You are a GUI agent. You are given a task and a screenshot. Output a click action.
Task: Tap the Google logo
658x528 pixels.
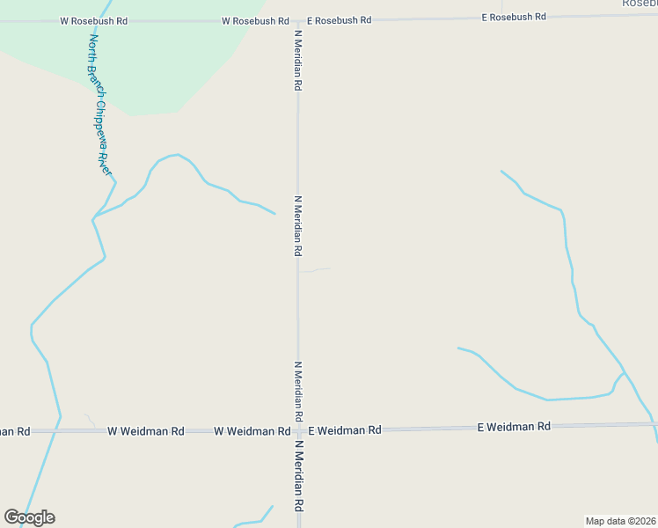point(29,517)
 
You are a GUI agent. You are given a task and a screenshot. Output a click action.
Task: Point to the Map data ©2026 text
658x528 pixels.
point(620,520)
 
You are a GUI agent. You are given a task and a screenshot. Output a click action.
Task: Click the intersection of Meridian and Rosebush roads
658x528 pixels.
point(298,19)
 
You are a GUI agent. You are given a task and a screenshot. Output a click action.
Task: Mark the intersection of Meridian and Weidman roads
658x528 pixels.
point(298,431)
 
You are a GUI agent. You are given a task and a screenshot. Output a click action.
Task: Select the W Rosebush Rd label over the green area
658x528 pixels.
point(93,19)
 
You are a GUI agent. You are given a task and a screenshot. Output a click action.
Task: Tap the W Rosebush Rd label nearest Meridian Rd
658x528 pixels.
point(255,20)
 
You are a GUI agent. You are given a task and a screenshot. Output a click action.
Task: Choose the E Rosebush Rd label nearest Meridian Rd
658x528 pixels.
point(338,19)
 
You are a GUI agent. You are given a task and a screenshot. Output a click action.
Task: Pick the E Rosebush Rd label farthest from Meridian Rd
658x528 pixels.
point(514,17)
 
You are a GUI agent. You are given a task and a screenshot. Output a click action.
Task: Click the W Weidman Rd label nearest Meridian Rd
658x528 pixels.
point(252,431)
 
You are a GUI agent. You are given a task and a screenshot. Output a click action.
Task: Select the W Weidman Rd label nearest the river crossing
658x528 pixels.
point(146,431)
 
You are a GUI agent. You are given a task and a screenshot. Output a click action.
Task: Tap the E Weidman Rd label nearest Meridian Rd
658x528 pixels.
point(344,430)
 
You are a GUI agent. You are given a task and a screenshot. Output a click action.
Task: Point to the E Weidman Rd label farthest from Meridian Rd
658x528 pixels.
point(514,427)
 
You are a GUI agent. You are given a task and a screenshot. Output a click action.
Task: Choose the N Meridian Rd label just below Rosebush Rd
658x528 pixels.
point(298,60)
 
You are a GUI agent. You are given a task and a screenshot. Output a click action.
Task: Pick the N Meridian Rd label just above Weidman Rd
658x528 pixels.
point(298,390)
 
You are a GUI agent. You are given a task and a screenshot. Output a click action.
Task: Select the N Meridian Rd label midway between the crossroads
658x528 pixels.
point(298,226)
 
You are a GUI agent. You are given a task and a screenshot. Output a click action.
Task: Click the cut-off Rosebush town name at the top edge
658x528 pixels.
point(640,4)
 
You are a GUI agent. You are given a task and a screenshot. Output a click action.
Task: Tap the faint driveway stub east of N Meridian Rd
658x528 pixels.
point(315,270)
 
